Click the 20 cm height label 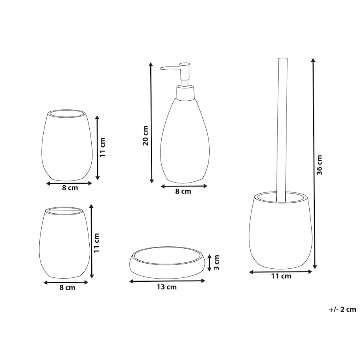[x=146, y=135]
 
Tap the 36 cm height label [x=319, y=165]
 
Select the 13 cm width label [x=167, y=287]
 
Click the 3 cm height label [x=216, y=262]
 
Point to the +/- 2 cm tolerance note [x=342, y=309]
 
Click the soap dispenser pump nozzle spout [x=170, y=68]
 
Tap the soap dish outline [x=167, y=262]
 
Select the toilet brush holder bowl [x=281, y=231]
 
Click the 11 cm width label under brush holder [x=281, y=276]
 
